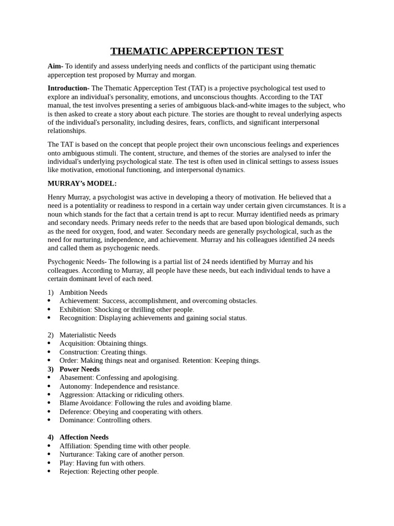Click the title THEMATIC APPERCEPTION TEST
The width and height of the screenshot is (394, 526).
[197, 51]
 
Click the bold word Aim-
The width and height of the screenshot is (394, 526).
[55, 66]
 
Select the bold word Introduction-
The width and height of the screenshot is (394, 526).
[69, 88]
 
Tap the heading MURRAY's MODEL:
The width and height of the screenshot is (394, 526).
[82, 183]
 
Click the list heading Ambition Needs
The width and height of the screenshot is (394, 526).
[83, 292]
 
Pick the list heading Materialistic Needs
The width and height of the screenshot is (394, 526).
[88, 335]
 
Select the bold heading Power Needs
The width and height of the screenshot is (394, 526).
[80, 369]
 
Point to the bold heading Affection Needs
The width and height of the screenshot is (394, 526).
[84, 437]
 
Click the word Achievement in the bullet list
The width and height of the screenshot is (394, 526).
[79, 301]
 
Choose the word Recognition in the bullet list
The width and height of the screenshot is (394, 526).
[77, 318]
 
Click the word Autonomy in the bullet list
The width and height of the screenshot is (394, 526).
[75, 386]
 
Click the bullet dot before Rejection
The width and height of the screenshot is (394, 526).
[49, 472]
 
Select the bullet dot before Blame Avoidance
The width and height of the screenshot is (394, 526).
[49, 403]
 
